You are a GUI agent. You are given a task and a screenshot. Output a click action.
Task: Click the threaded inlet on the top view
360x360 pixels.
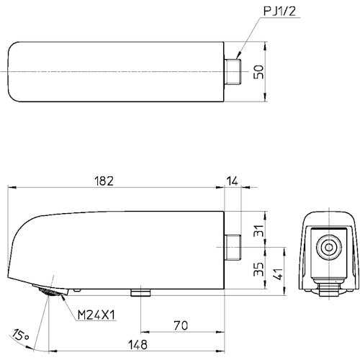coord(232,73)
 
